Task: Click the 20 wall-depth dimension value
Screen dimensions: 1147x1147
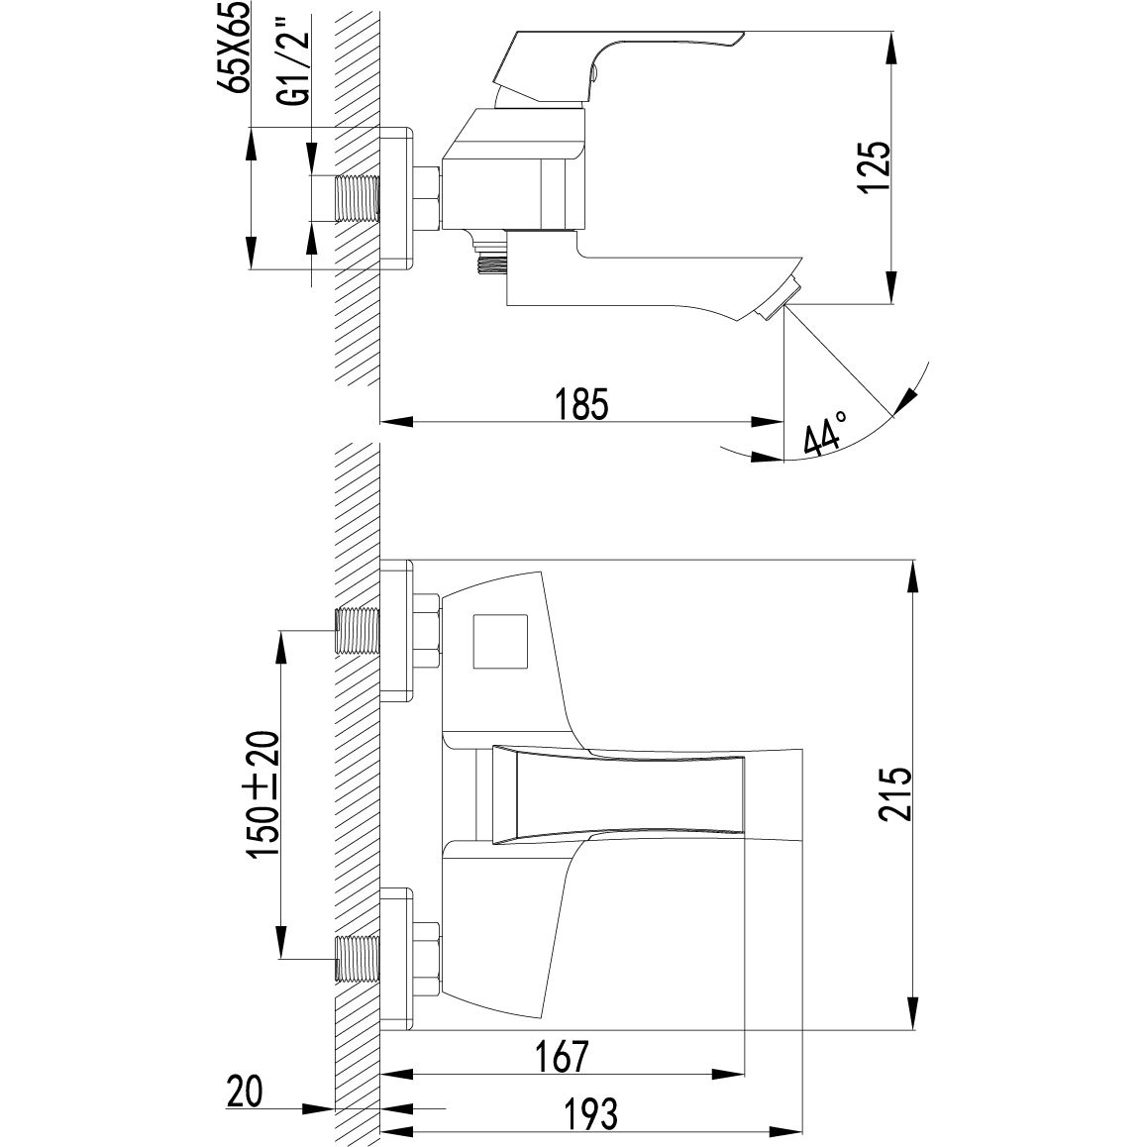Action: (245, 1092)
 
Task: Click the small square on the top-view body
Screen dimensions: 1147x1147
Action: (502, 643)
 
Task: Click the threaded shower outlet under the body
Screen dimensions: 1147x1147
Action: (488, 261)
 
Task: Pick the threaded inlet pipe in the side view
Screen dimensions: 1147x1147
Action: (358, 197)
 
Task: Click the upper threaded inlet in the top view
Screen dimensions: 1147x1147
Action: (358, 631)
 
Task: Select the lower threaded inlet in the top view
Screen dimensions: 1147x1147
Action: (358, 958)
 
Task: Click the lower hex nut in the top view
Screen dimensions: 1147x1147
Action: (428, 957)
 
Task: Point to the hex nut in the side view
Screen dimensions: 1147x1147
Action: (428, 197)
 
